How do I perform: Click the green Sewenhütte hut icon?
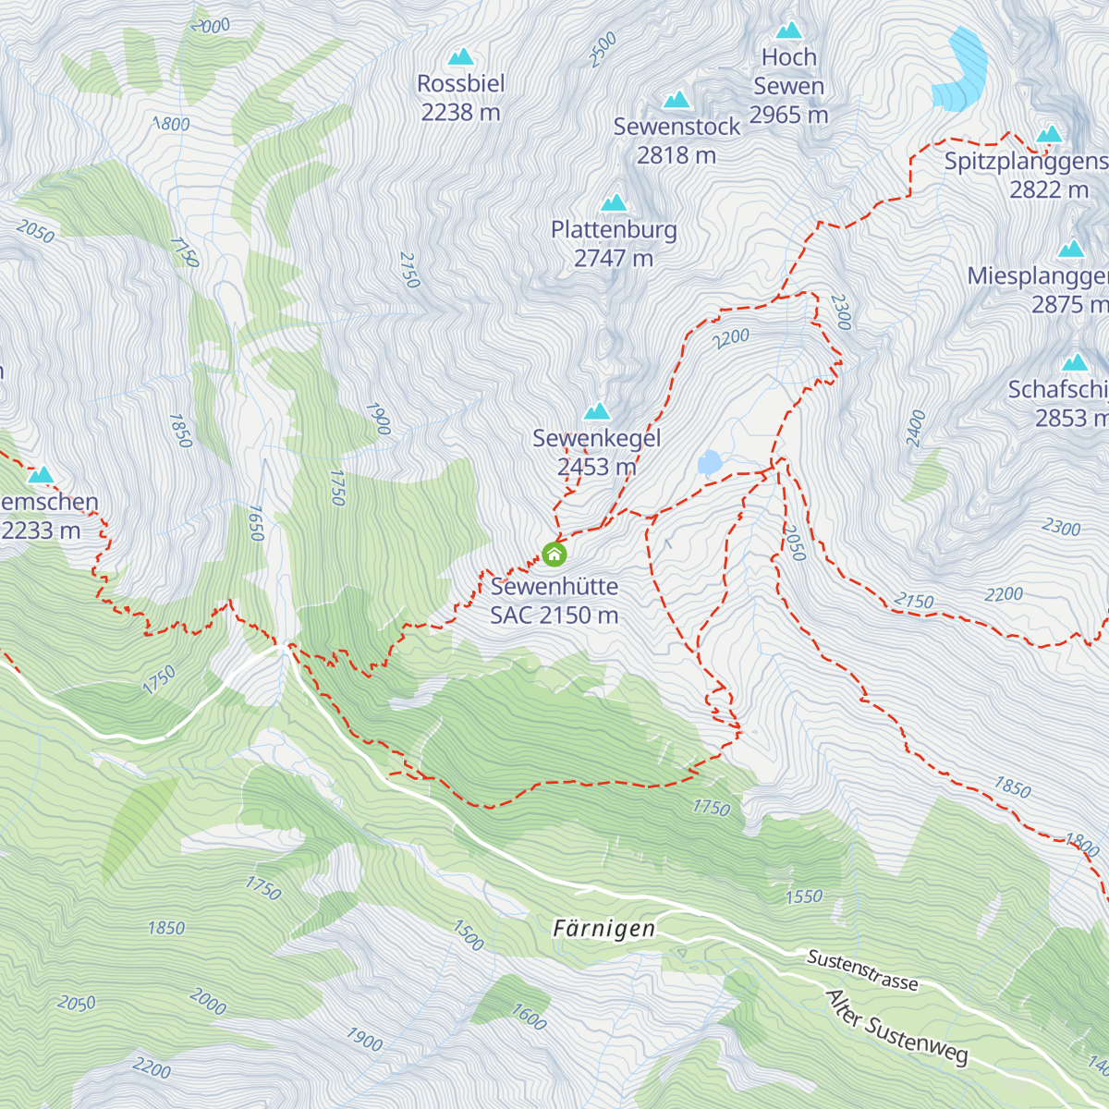point(554,554)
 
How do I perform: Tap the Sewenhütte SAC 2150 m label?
point(554,601)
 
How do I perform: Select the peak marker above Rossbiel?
point(460,56)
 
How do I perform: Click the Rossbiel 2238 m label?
point(460,98)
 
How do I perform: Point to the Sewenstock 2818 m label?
point(676,140)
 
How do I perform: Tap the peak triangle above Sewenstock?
point(676,99)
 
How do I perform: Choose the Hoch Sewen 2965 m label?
point(788,86)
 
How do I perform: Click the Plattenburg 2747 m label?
point(614,244)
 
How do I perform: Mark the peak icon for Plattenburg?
point(614,202)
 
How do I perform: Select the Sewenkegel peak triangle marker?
point(597,410)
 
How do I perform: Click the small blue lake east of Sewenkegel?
point(710,462)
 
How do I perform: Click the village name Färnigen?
point(604,929)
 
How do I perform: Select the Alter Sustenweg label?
point(896,1027)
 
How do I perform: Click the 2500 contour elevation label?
point(603,50)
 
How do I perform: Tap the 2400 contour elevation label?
point(916,429)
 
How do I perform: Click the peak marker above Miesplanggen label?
point(1071,249)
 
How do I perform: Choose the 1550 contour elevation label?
point(803,896)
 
